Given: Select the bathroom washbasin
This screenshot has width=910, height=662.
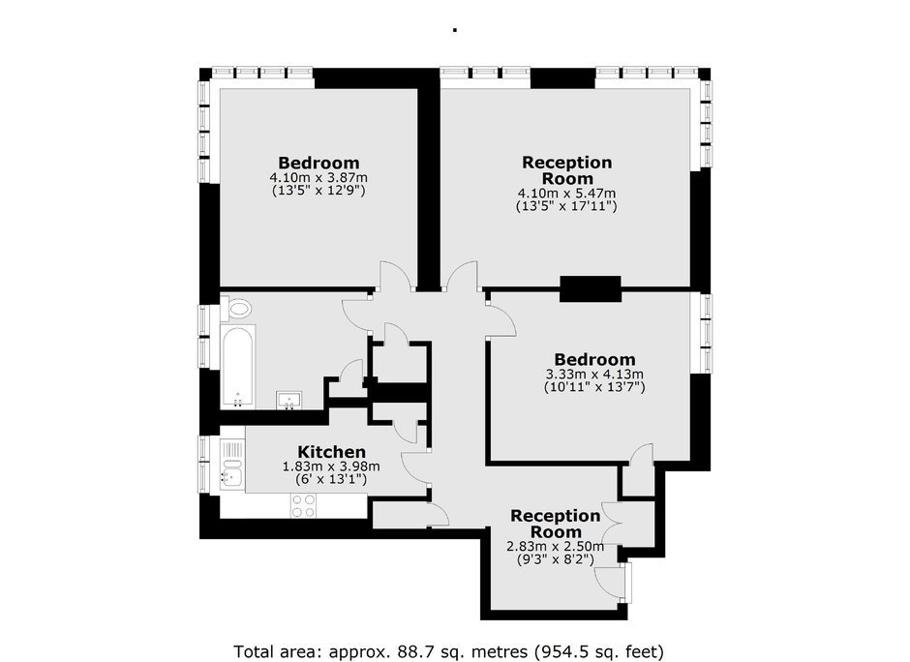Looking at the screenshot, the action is click(289, 401).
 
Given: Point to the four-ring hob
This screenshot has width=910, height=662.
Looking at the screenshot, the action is click(303, 505).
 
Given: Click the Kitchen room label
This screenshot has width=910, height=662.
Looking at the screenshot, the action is click(331, 452).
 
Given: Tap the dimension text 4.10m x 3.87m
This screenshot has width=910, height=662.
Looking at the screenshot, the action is click(318, 177).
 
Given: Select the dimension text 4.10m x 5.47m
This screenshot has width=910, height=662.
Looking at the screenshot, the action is click(566, 194).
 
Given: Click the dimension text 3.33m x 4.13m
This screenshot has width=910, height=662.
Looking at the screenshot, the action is click(594, 375).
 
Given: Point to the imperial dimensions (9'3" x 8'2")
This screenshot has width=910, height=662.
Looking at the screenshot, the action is click(556, 559).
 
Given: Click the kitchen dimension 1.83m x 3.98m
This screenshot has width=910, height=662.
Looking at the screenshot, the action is click(331, 466).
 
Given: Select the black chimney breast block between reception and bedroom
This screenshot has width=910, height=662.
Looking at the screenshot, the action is click(591, 288).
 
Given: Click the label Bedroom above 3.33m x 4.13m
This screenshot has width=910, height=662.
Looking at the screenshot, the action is click(594, 360).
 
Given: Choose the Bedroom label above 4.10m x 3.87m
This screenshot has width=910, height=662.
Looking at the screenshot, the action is click(318, 163).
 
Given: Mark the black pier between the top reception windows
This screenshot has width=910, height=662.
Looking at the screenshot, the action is click(563, 78).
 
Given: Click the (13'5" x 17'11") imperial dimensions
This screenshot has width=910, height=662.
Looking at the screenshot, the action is click(566, 206).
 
